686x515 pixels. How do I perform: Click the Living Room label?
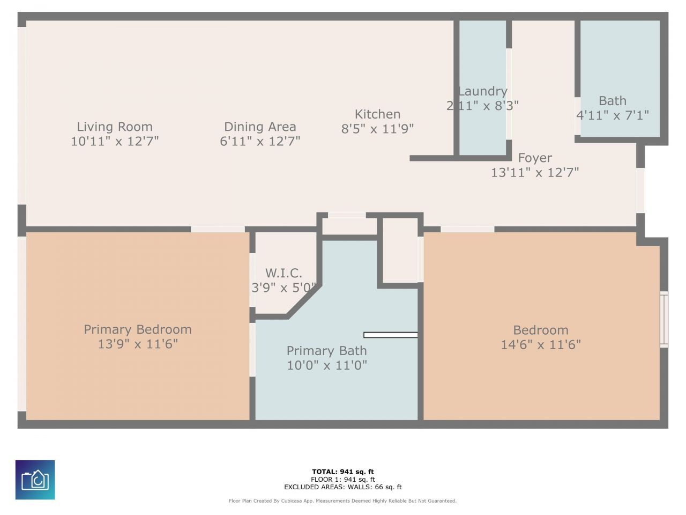114,127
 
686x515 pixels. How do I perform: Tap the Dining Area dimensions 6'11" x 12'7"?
260,141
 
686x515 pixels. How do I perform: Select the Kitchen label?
377,114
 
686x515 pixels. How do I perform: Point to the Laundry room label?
482,91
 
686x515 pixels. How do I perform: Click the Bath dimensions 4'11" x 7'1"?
612,115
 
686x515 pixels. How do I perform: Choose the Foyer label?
535,158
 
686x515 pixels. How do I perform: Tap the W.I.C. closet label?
284,273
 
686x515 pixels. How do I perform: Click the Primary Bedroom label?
138,329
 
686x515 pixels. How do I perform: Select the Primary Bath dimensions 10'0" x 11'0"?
326,365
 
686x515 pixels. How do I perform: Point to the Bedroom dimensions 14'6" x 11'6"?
540,344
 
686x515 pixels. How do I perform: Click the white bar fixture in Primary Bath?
390,335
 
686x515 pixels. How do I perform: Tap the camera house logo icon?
35,480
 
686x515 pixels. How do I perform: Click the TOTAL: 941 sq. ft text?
342,472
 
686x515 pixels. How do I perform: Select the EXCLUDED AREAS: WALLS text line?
342,487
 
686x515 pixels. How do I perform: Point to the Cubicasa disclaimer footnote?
342,501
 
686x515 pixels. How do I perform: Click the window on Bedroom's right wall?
664,320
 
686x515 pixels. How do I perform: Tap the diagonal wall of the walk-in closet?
305,302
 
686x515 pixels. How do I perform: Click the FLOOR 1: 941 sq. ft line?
342,480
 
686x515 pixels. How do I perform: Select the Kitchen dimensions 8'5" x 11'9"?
377,129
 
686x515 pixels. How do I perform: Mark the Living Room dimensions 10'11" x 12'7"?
115,141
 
